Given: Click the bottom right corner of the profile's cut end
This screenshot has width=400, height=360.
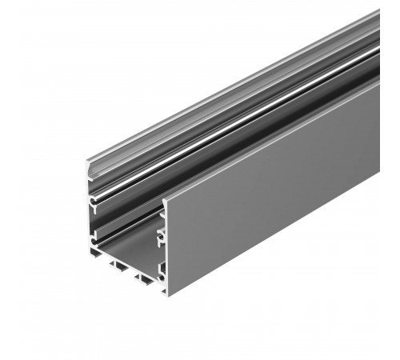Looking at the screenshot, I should (166, 293).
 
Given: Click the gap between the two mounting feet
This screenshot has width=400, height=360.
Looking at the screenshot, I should (132, 274).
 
